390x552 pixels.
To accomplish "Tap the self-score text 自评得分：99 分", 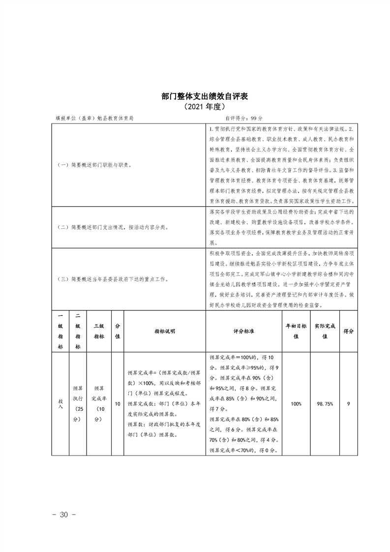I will click(x=244, y=118).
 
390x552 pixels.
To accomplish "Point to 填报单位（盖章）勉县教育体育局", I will click(x=94, y=118).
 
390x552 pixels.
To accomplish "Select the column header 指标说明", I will click(x=164, y=331).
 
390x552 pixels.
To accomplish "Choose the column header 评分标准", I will click(x=243, y=331).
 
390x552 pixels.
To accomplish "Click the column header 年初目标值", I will click(x=296, y=331).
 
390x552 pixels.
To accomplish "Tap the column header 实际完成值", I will click(x=325, y=331).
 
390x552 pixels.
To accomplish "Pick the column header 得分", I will click(x=348, y=331).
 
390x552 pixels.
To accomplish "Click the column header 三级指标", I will click(x=99, y=331).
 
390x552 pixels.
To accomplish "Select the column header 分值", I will click(x=118, y=331).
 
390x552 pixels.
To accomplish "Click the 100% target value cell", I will click(x=296, y=403).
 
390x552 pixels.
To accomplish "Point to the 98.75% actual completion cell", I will click(x=325, y=403).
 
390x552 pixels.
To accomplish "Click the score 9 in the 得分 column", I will click(x=348, y=403).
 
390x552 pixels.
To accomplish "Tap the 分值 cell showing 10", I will click(x=118, y=403).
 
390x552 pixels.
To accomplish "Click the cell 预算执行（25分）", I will click(x=78, y=403).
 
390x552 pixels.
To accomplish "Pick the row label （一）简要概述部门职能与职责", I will click(x=94, y=165).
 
